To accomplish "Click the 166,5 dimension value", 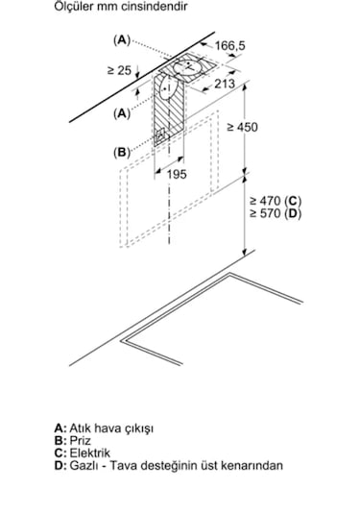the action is [230, 45].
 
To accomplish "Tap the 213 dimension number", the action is [225, 84].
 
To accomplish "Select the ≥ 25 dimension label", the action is [119, 70].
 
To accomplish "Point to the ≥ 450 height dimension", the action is [243, 127].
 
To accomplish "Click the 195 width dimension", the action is [177, 174].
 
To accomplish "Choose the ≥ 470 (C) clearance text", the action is [276, 200].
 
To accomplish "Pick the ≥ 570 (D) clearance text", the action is [276, 213].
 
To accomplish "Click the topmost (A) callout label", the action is [122, 40].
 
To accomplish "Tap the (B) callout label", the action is [122, 153].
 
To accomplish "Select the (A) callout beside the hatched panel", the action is [122, 113].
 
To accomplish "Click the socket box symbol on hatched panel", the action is [160, 135].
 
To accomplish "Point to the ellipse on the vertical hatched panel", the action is [169, 87].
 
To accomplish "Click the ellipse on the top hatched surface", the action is [188, 67].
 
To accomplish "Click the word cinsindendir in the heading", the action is [155, 7].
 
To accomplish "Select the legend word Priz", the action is [81, 441].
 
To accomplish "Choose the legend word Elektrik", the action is [89, 453].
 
